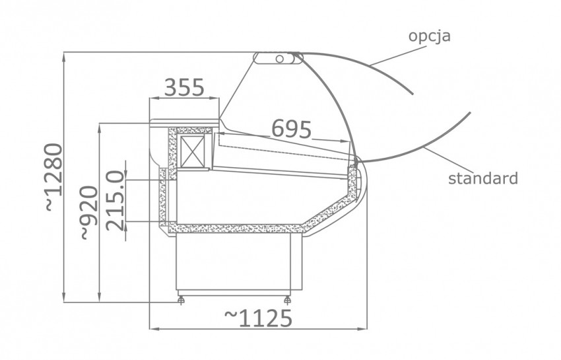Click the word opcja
tap(430, 36)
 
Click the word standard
tap(483, 178)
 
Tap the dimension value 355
tap(184, 87)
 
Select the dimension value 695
tap(292, 129)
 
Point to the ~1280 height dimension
tap(53, 177)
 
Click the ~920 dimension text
tap(88, 213)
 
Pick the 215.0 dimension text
tap(116, 201)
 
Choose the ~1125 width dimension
tap(258, 318)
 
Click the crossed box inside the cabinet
tap(193, 151)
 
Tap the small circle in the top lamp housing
tap(280, 59)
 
